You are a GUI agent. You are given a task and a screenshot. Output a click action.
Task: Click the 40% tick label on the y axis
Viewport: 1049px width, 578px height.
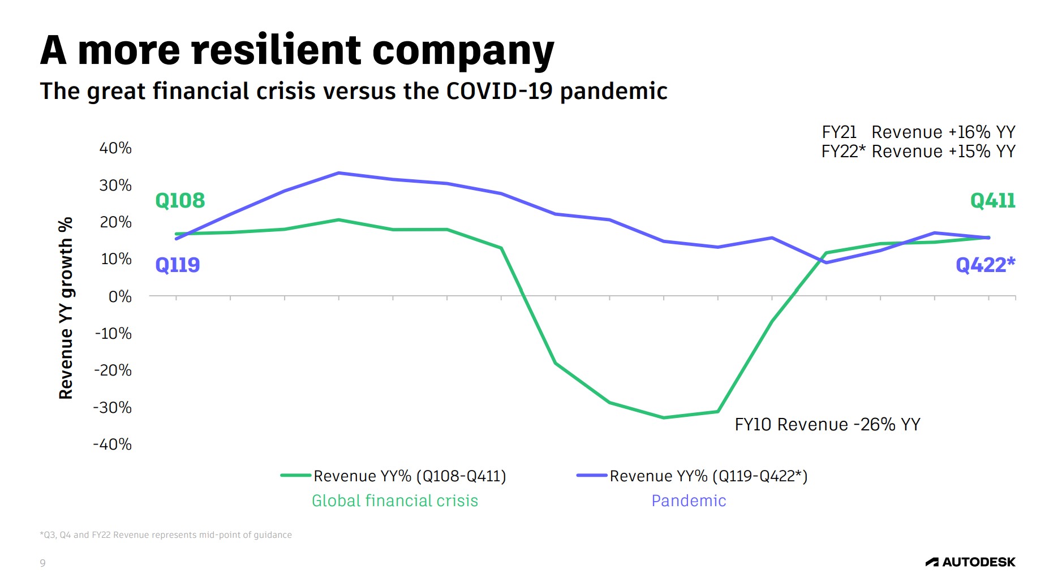[x=115, y=148]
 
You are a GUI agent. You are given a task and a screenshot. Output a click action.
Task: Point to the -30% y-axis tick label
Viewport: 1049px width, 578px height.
[x=113, y=407]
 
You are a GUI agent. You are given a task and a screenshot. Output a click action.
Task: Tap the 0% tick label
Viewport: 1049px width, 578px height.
[x=120, y=296]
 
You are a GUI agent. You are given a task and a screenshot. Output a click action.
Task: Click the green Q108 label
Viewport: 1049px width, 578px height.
[x=180, y=200]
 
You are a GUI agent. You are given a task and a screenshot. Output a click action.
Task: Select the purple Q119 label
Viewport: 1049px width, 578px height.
[x=177, y=265]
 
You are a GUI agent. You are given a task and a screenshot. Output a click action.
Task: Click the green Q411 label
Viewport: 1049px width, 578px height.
[x=992, y=200]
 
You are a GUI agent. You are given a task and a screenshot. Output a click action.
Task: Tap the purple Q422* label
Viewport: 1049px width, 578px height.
[x=985, y=265]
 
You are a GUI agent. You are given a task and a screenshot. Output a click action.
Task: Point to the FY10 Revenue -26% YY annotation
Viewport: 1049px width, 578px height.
[x=827, y=424]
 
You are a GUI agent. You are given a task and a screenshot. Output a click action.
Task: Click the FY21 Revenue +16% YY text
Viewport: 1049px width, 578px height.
[x=918, y=132]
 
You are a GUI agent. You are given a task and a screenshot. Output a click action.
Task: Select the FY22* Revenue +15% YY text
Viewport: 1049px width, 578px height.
[x=918, y=152]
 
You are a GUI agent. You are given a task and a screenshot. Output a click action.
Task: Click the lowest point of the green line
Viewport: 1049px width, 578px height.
[x=664, y=417]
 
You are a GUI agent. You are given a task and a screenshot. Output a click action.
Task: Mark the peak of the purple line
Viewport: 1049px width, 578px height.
[x=338, y=173]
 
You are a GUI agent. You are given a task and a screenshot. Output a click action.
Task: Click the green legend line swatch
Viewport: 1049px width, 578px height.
[x=295, y=476]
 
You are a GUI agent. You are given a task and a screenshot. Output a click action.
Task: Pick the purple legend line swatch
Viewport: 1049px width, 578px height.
[x=591, y=476]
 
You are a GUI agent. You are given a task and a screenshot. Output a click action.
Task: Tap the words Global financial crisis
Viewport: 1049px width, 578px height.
[x=395, y=501]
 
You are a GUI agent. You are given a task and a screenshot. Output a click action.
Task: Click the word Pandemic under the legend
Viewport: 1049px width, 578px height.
[x=689, y=501]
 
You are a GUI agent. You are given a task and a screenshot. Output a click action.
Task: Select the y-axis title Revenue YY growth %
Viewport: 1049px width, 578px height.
[x=66, y=308]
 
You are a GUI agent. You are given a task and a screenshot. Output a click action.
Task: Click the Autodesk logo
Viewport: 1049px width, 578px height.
[x=970, y=562]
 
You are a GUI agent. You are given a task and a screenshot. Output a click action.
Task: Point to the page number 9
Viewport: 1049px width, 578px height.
[x=42, y=563]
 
